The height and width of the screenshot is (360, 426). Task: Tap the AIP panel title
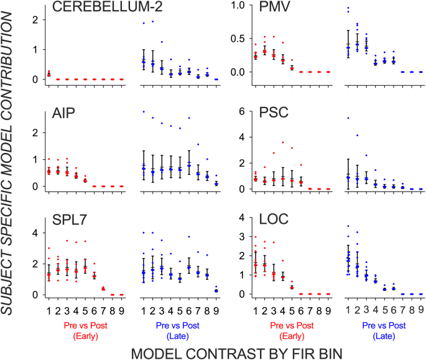63,114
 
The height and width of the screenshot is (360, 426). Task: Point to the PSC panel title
266,114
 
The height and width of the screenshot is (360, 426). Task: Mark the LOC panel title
266,223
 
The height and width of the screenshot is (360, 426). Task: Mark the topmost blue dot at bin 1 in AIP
144,112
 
